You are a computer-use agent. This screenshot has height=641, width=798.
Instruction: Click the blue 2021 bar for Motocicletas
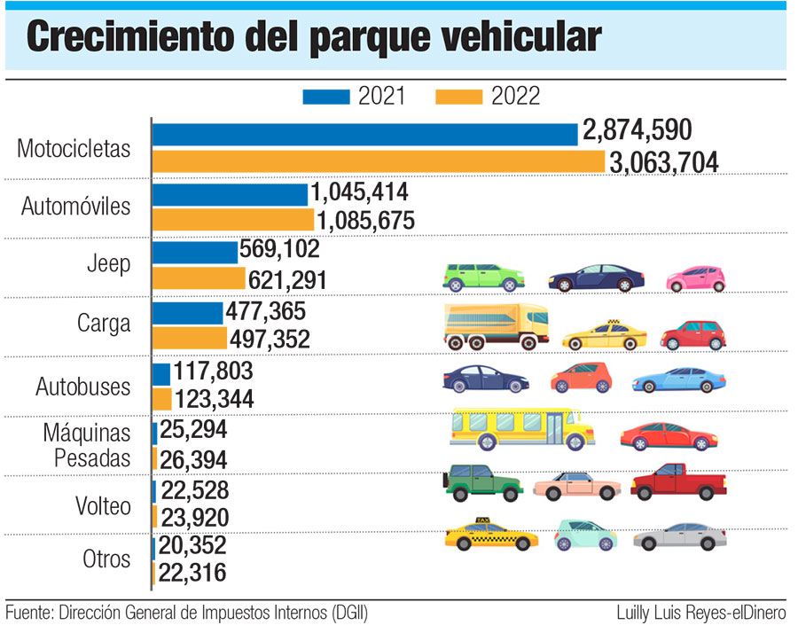coord(365,134)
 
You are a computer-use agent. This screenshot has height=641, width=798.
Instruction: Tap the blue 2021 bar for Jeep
coord(195,252)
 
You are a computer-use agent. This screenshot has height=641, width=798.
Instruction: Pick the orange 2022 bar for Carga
coord(190,339)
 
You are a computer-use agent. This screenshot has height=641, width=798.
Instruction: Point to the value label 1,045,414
coord(360,192)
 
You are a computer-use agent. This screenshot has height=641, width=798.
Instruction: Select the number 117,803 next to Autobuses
coord(214,371)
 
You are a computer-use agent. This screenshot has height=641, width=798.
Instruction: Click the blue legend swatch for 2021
coord(326,96)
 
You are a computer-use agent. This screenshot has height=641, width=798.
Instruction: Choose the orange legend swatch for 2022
coord(458,96)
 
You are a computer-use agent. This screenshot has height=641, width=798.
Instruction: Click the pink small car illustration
coord(696,278)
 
